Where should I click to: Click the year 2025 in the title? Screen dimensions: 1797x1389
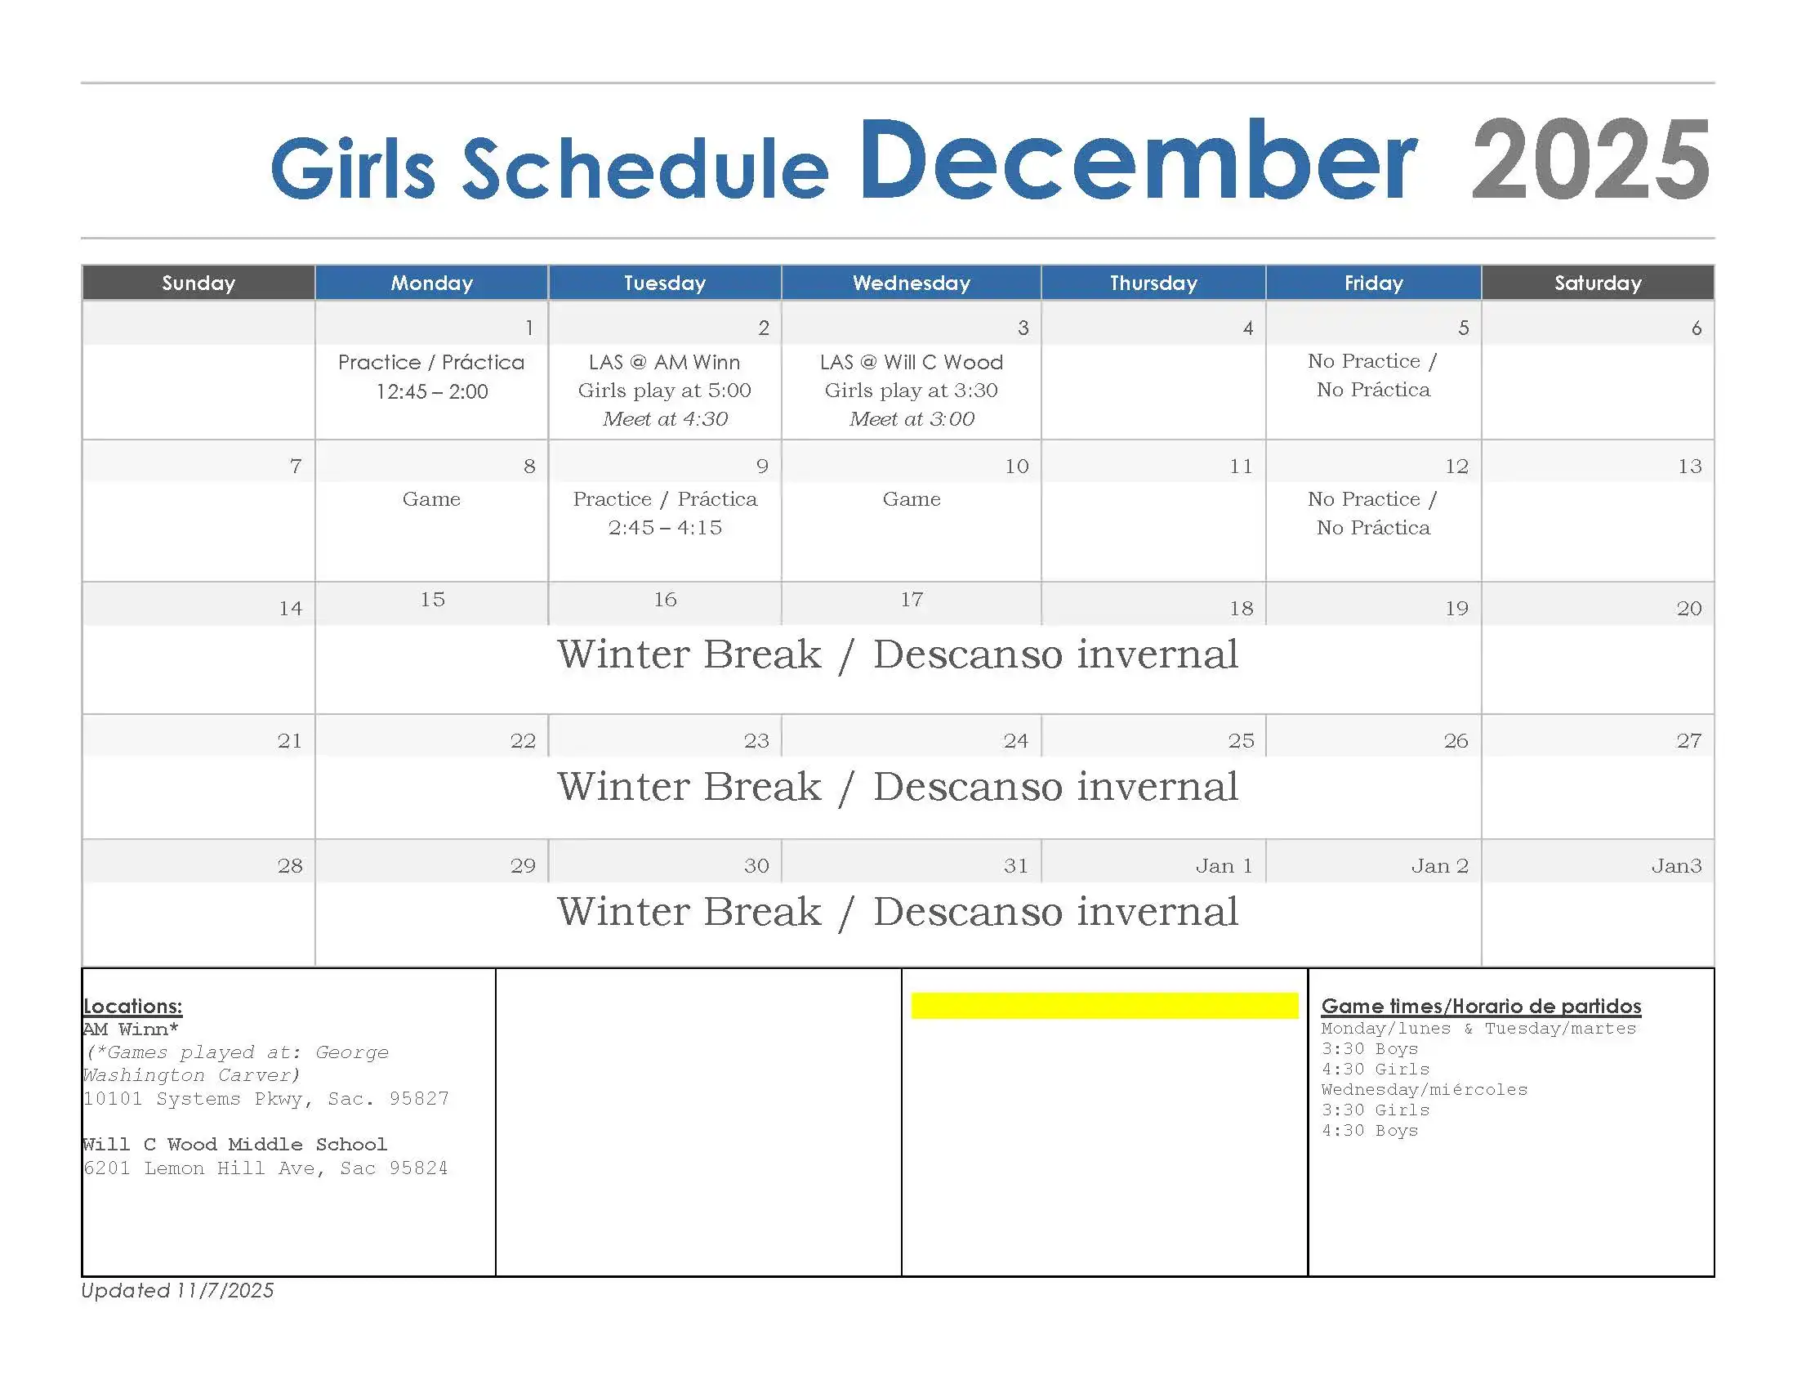click(x=1590, y=159)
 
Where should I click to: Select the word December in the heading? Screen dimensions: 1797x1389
click(x=1139, y=159)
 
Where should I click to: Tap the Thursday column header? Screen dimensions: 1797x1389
click(x=1153, y=283)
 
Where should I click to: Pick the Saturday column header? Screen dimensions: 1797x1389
click(x=1598, y=283)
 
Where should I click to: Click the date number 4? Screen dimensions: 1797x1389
click(x=1248, y=328)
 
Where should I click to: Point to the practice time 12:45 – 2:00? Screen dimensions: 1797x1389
click(x=432, y=391)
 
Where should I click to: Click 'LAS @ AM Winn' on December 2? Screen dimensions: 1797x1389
click(x=665, y=362)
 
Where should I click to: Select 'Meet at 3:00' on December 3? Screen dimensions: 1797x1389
click(x=912, y=419)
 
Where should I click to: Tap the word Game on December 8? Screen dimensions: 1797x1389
click(x=431, y=498)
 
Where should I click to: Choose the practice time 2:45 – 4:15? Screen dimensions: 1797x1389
click(x=665, y=528)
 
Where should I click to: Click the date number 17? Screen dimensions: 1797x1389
click(x=912, y=599)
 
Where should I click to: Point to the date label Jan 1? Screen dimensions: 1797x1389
click(x=1224, y=865)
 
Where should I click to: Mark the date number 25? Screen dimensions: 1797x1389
click(x=1242, y=740)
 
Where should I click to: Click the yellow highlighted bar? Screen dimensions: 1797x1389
click(x=1104, y=1006)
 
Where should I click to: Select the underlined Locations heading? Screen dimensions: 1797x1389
click(x=132, y=1007)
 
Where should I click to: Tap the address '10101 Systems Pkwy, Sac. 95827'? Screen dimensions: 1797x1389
click(x=265, y=1098)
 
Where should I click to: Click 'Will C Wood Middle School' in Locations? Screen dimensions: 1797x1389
click(x=234, y=1144)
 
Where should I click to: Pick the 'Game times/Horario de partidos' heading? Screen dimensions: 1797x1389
click(x=1481, y=1006)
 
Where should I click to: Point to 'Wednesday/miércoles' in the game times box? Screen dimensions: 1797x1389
click(x=1425, y=1089)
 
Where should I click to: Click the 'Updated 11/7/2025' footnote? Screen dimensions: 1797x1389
click(x=177, y=1290)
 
